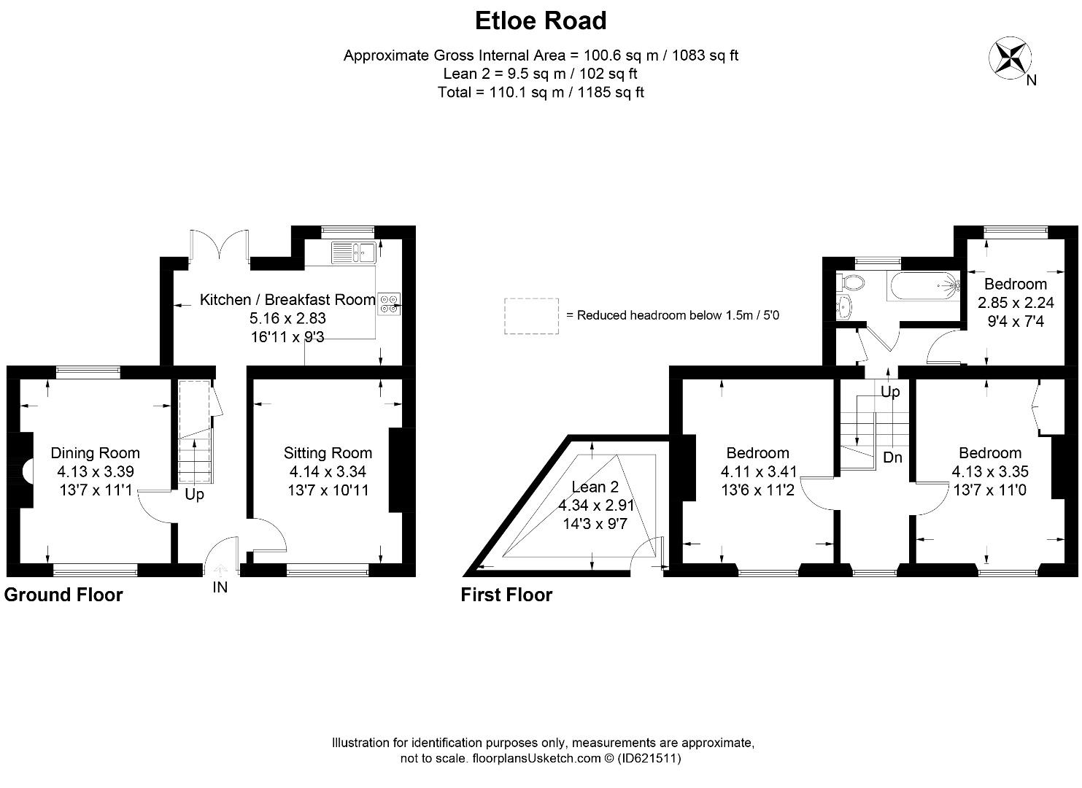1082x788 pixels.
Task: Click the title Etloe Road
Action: (x=541, y=20)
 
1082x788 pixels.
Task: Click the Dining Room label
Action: (x=95, y=453)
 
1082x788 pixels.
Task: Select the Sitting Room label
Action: (x=328, y=453)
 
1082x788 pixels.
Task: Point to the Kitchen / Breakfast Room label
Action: (x=287, y=299)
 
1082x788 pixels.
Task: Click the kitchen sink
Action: (x=353, y=252)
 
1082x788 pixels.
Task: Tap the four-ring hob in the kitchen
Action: (x=388, y=303)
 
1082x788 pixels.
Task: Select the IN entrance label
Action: (x=220, y=587)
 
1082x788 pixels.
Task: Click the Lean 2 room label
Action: (x=595, y=487)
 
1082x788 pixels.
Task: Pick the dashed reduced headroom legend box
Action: (x=531, y=316)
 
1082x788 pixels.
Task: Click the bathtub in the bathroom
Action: (x=924, y=285)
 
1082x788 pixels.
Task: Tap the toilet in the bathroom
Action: (x=851, y=282)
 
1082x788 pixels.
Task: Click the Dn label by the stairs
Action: (x=892, y=458)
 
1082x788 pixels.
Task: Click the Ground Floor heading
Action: (x=63, y=595)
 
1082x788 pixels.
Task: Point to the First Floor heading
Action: (x=506, y=595)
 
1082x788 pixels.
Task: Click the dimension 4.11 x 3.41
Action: (x=759, y=471)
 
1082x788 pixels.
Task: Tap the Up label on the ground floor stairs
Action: (x=195, y=495)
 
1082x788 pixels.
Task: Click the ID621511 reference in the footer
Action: (x=649, y=759)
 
